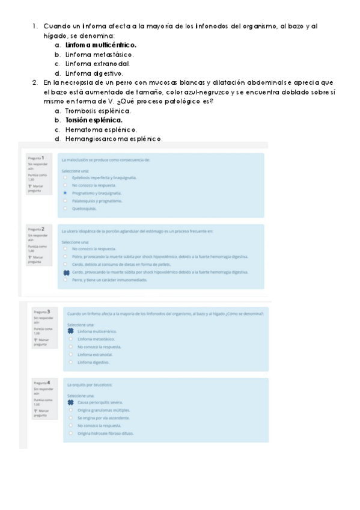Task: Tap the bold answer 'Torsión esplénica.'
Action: coord(93,120)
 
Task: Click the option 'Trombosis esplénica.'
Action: coord(97,111)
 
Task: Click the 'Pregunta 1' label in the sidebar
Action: coord(35,158)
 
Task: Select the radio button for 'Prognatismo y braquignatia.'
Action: coord(65,194)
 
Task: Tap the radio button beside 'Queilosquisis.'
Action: coord(65,208)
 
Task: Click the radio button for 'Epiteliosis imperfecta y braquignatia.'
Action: coord(65,178)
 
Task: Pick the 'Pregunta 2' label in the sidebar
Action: coord(35,229)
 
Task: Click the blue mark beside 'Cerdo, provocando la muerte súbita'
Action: coord(66,272)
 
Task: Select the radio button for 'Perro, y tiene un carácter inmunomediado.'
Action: coord(65,279)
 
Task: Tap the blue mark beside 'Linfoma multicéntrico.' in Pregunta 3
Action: coord(71,331)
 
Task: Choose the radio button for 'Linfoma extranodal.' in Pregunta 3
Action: coord(71,355)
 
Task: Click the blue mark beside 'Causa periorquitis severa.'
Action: coord(71,402)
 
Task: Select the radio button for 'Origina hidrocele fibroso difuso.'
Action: coord(71,433)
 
